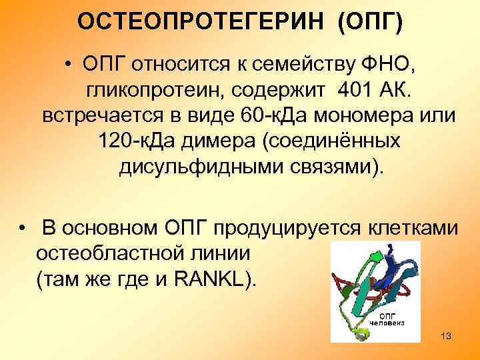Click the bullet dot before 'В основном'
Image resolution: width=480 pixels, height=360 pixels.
(25, 229)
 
